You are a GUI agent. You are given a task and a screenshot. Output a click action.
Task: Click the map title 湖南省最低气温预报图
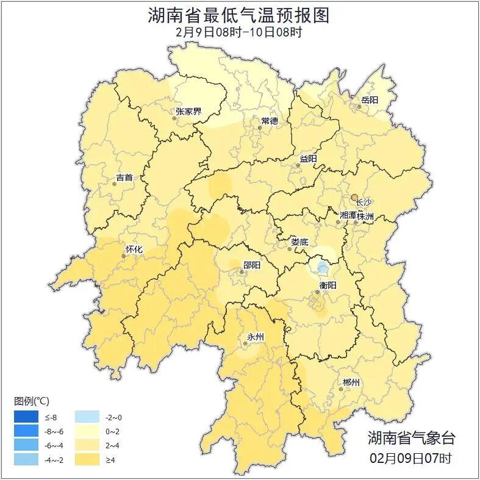pos(239,15)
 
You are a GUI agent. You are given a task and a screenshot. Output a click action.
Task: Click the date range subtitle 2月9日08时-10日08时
pos(239,32)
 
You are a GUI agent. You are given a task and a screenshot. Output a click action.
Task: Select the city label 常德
pos(269,121)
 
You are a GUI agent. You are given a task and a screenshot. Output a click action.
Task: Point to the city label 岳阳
pos(370,99)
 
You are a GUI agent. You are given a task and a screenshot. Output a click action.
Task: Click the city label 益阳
pos(308,159)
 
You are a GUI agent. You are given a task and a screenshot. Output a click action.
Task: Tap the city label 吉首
pos(124,178)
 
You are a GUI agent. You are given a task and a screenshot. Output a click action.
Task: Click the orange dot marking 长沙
pos(354,196)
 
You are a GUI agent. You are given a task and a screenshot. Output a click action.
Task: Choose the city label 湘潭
pos(348,216)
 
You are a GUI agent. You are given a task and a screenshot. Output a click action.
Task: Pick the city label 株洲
pos(365,216)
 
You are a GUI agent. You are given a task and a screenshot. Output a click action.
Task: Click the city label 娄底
pos(299,242)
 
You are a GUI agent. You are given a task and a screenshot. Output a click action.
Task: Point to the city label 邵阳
pos(251,265)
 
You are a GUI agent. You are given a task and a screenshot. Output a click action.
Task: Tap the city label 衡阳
pos(328,285)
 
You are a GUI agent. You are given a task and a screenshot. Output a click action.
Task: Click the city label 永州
pos(255,337)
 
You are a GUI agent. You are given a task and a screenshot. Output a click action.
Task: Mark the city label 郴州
pos(351,382)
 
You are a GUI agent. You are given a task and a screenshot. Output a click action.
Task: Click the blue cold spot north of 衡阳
pos(322,267)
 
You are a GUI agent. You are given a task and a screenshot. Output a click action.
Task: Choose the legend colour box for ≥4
pos(86,459)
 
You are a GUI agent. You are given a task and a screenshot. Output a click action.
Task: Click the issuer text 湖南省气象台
pos(411,437)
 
